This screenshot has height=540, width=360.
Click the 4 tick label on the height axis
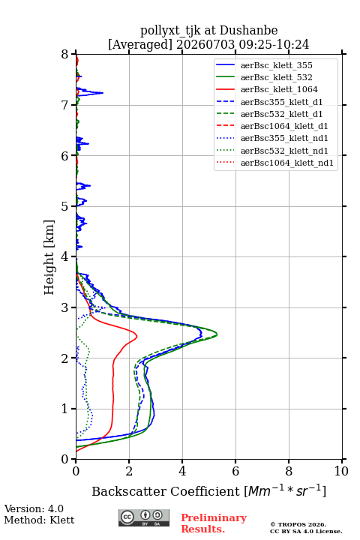coord(64,256)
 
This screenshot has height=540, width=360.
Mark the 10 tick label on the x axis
coord(341,471)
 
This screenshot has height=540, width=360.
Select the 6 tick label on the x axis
coord(235,471)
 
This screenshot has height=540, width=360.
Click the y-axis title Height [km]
coord(49,257)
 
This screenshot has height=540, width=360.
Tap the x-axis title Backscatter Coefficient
coord(166,491)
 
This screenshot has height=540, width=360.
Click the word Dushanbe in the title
coord(248,31)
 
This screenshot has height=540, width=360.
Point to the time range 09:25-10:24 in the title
coord(272,44)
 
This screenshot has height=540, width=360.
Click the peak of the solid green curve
coord(217,334)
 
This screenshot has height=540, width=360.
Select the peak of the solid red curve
coord(137,336)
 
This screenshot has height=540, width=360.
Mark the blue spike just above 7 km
coord(103,93)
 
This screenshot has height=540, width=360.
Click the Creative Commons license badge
coord(144,517)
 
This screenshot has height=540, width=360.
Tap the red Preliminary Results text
coord(214,523)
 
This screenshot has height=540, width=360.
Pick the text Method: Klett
coord(39,520)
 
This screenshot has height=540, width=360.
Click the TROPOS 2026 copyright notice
coord(298,524)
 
